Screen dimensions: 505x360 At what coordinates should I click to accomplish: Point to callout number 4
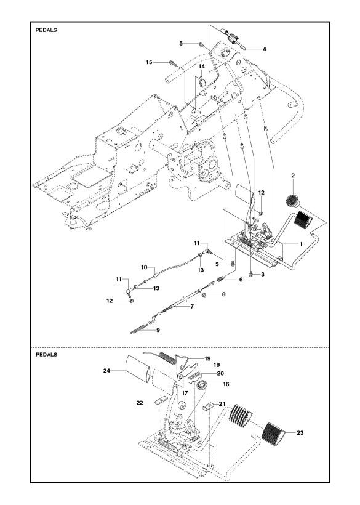tap(264, 49)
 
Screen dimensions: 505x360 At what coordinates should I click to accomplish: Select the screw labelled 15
tap(172, 63)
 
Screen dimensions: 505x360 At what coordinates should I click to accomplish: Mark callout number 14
tap(201, 66)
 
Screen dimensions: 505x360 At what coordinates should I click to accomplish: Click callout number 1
tap(300, 244)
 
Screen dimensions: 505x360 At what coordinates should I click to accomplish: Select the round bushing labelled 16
tap(201, 386)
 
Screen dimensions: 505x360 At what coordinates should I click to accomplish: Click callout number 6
tap(241, 280)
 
